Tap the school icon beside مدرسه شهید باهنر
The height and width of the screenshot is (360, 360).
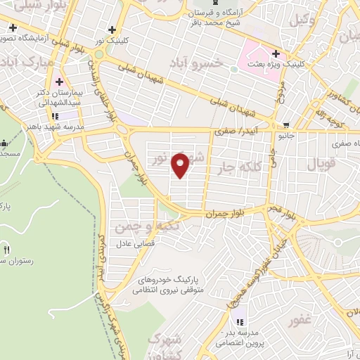(x=53, y=117)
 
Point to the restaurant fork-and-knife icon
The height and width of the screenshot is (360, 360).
(x=7, y=250)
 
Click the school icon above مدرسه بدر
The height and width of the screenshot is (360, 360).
(x=239, y=321)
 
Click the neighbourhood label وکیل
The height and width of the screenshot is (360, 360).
(x=308, y=20)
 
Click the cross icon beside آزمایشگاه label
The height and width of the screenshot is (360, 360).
(x=13, y=28)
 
